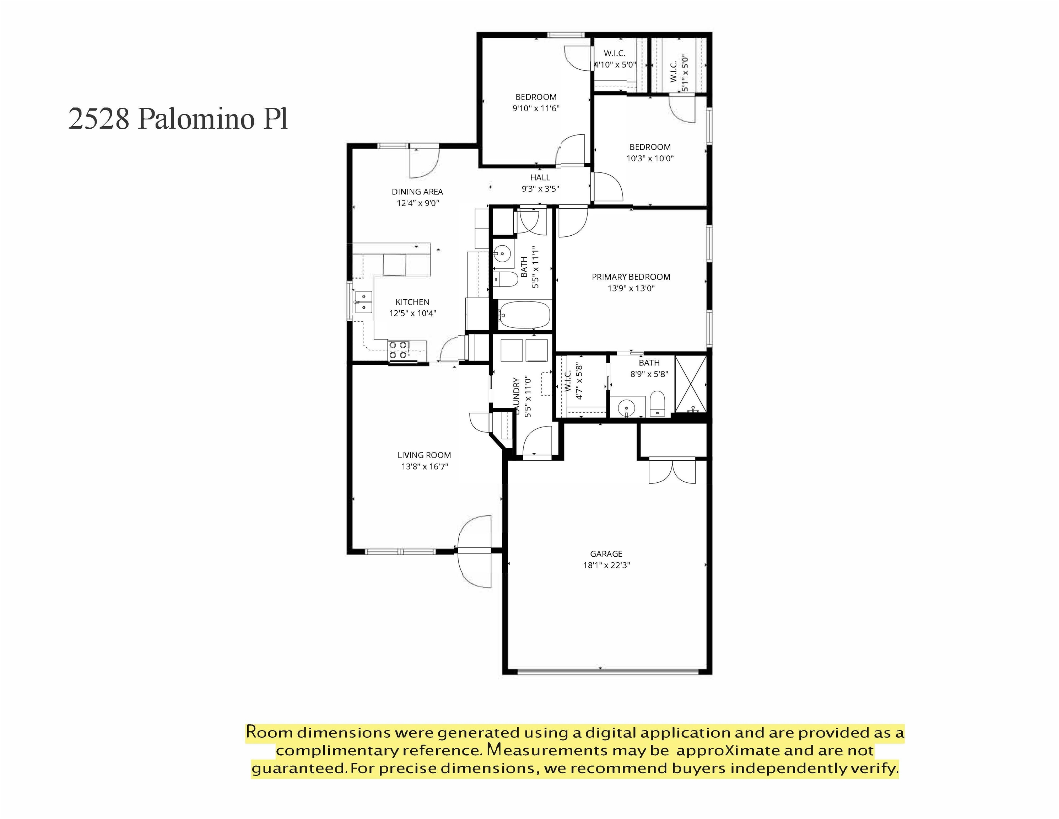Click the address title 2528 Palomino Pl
(178, 119)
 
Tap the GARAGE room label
(606, 553)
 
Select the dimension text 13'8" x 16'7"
(424, 467)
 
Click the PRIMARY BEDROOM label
(631, 277)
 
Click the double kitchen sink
(363, 302)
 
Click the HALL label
(540, 178)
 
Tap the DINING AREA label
(417, 192)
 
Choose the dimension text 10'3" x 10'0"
(650, 158)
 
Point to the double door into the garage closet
(672, 471)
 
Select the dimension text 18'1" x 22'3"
(606, 565)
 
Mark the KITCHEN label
(412, 302)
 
